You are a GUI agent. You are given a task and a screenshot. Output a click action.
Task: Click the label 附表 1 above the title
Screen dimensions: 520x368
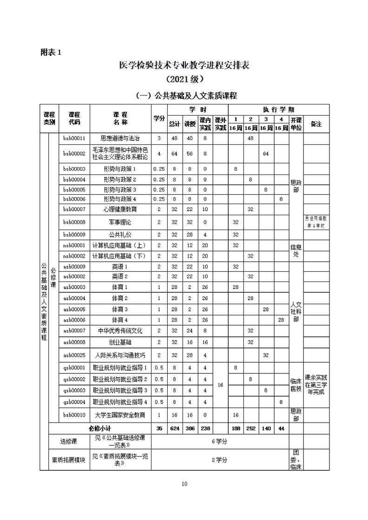pos(51,52)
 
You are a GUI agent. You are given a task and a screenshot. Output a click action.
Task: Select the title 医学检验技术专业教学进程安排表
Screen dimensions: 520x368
pos(184,65)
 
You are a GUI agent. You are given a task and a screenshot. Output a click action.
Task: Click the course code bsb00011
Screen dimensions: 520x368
pos(74,138)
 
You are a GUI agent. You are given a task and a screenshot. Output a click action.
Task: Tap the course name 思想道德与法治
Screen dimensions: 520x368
pos(120,138)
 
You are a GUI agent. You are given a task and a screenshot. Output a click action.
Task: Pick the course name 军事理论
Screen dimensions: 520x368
pos(120,222)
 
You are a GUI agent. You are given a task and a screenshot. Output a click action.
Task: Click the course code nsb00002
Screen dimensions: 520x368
pos(74,256)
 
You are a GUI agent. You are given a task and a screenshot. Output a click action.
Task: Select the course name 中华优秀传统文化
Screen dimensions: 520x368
pos(120,331)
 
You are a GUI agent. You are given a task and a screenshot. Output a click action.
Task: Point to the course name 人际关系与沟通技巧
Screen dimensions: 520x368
pos(120,355)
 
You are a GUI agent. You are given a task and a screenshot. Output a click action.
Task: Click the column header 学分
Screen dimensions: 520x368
pos(159,118)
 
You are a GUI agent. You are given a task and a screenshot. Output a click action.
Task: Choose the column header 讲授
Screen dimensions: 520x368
pos(190,124)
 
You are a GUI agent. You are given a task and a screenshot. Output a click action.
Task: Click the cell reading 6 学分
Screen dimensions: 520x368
pos(220,441)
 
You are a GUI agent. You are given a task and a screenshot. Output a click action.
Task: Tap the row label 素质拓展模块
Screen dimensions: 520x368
pos(68,460)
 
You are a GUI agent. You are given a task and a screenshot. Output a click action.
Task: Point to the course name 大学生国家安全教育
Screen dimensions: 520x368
pos(120,415)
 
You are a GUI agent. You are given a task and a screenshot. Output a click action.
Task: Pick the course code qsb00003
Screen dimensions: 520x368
pos(74,390)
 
